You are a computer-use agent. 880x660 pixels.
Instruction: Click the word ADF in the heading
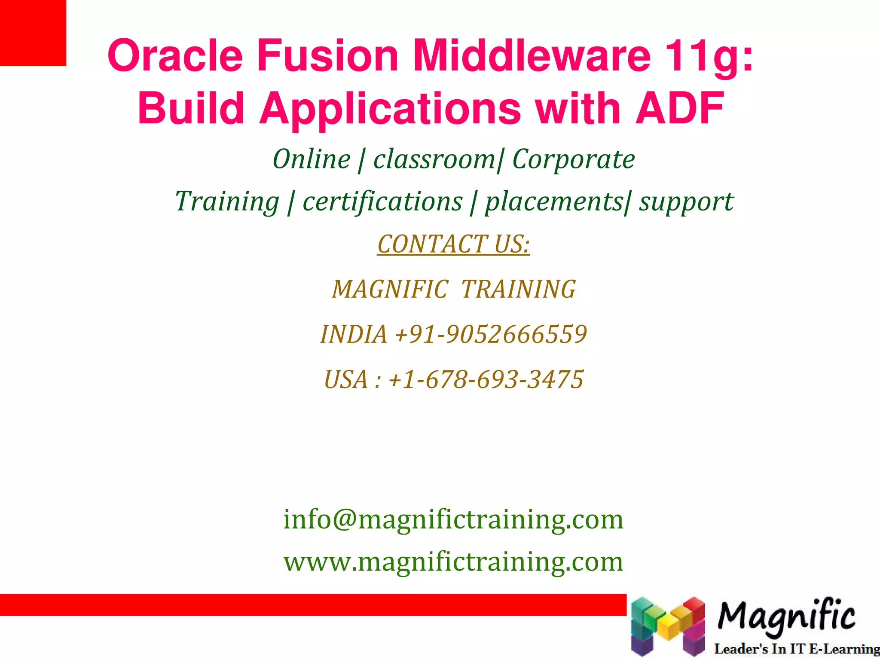(680, 108)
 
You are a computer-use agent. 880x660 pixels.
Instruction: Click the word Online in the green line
(312, 159)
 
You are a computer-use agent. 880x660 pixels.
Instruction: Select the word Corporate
(574, 160)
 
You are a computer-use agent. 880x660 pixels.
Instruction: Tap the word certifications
(382, 202)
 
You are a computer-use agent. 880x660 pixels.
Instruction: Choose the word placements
(553, 202)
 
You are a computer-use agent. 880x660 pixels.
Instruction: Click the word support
(686, 202)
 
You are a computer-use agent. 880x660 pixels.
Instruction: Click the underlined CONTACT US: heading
(453, 244)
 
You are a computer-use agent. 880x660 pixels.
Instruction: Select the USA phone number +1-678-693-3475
(486, 380)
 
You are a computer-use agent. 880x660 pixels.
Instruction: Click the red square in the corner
(33, 33)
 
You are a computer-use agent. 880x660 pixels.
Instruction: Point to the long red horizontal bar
(313, 605)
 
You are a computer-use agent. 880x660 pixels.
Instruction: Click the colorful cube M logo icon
(667, 626)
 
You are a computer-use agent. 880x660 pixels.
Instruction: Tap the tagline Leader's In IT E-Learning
(796, 649)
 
